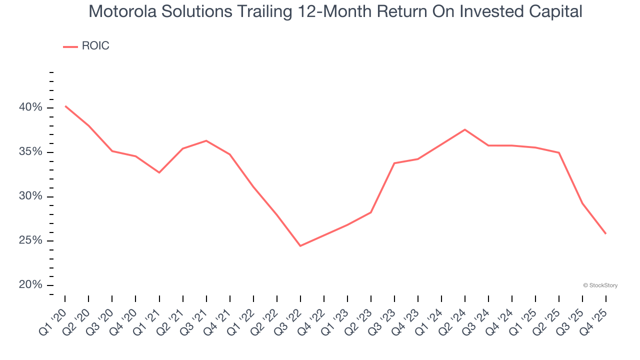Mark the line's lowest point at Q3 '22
300,246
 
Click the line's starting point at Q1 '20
65,106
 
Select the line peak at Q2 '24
465,129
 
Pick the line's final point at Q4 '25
606,233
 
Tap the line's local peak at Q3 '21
206,140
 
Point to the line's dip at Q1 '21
159,172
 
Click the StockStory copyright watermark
600,285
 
